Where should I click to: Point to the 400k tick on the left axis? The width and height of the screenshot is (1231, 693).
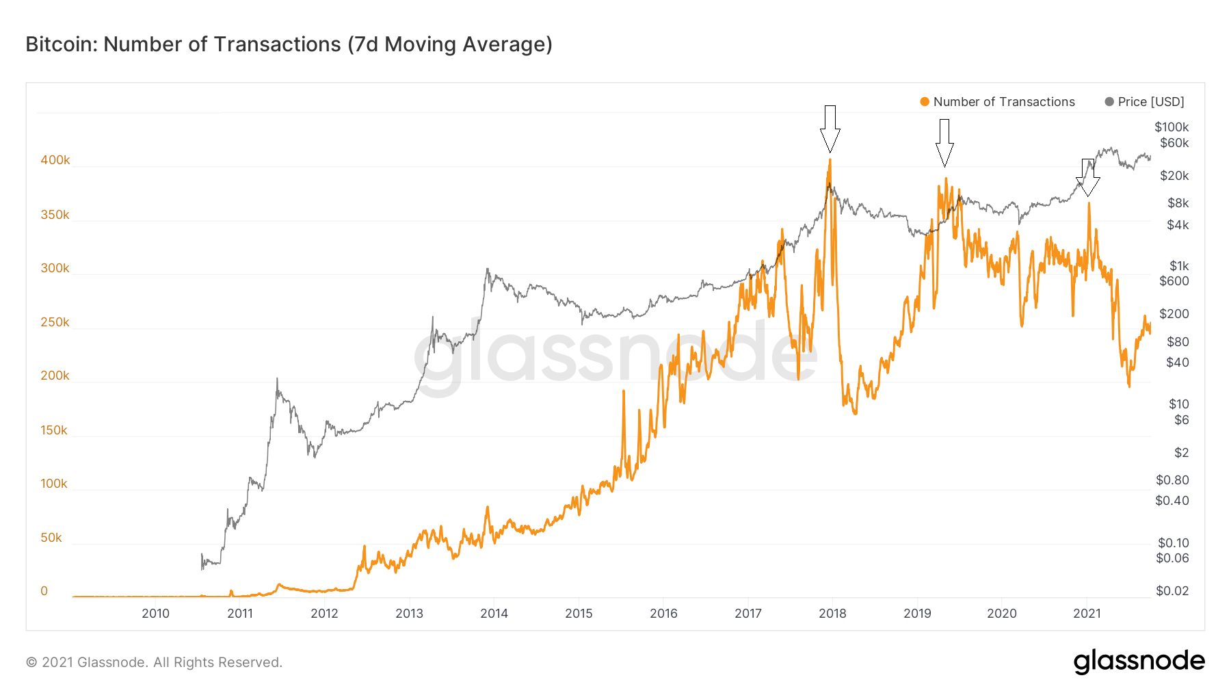[x=55, y=160]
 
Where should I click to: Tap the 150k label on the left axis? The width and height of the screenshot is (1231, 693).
[x=54, y=430]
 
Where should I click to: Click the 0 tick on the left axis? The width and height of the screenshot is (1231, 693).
[x=44, y=591]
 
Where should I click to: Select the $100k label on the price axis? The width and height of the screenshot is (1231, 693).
[x=1172, y=127]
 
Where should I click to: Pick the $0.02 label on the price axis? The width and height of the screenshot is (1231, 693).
[x=1172, y=591]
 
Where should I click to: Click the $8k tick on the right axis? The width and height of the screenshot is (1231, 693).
[x=1178, y=203]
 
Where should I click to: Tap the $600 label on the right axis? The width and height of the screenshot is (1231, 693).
[x=1174, y=281]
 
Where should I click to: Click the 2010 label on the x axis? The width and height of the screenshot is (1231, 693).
[x=155, y=614]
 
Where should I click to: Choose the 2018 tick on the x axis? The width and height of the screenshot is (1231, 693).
[x=832, y=614]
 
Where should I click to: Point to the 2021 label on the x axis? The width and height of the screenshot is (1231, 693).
[x=1087, y=614]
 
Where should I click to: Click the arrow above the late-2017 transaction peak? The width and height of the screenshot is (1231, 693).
[x=830, y=129]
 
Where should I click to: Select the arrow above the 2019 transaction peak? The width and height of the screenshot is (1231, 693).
[x=944, y=142]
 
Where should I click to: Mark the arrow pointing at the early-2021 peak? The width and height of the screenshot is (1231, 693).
[x=1087, y=177]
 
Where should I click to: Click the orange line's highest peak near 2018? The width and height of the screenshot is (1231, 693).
[x=830, y=160]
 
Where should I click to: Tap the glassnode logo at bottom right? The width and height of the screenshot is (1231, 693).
[x=1139, y=662]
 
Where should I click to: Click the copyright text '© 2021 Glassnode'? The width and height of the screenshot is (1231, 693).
[x=154, y=662]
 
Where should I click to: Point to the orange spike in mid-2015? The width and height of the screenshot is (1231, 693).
[x=624, y=391]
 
